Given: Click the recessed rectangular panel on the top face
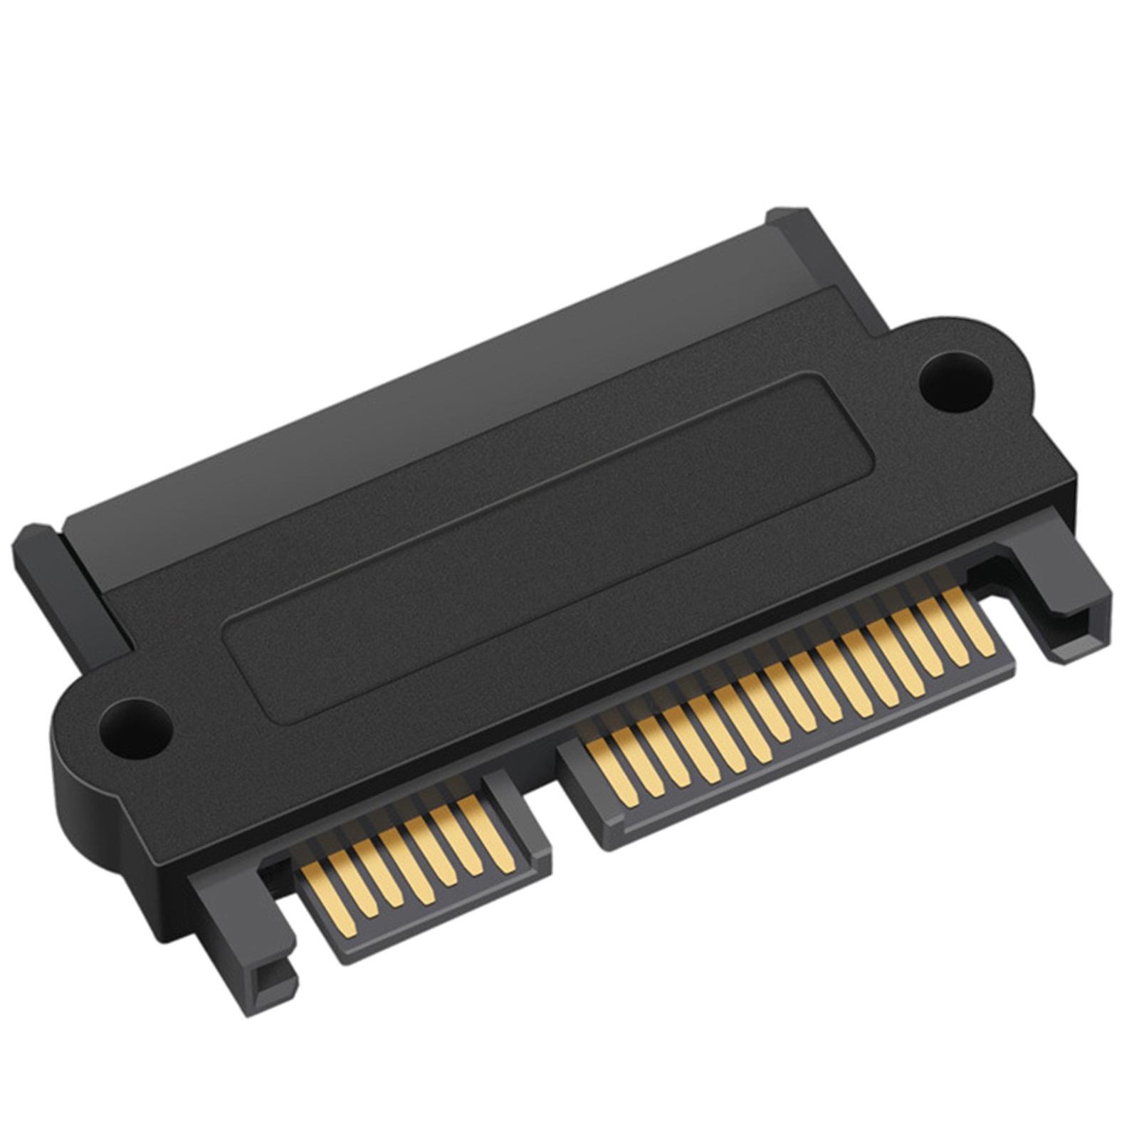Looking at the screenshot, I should coord(548,541).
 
